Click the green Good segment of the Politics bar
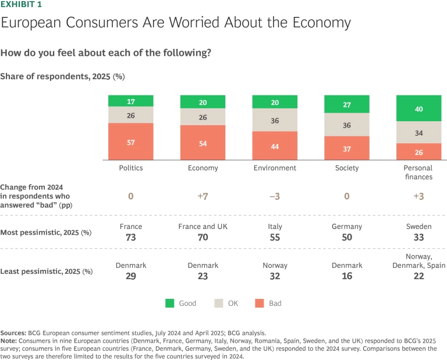click(x=130, y=101)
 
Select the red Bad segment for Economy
click(x=203, y=143)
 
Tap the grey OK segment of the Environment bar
click(x=275, y=121)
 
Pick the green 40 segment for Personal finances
click(x=418, y=109)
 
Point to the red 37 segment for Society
click(x=346, y=149)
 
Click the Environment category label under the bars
click(x=275, y=168)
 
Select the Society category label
click(x=347, y=168)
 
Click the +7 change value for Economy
click(x=203, y=196)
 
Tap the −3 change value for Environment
click(x=275, y=196)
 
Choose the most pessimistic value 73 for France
click(x=130, y=237)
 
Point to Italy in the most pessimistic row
click(x=275, y=227)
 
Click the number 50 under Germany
click(x=347, y=237)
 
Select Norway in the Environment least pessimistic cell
click(x=275, y=266)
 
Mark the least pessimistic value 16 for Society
click(x=347, y=276)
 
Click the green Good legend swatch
click(x=170, y=303)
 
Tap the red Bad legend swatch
click(x=259, y=303)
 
